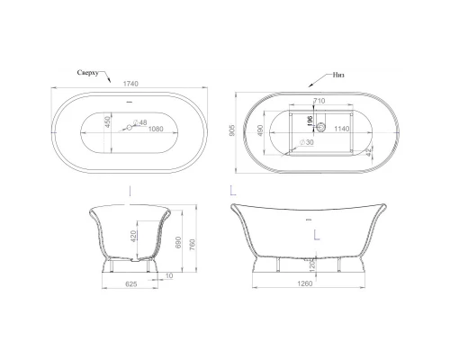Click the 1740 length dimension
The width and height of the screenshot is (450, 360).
(x=133, y=83)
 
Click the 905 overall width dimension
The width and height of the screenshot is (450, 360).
(x=233, y=129)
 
